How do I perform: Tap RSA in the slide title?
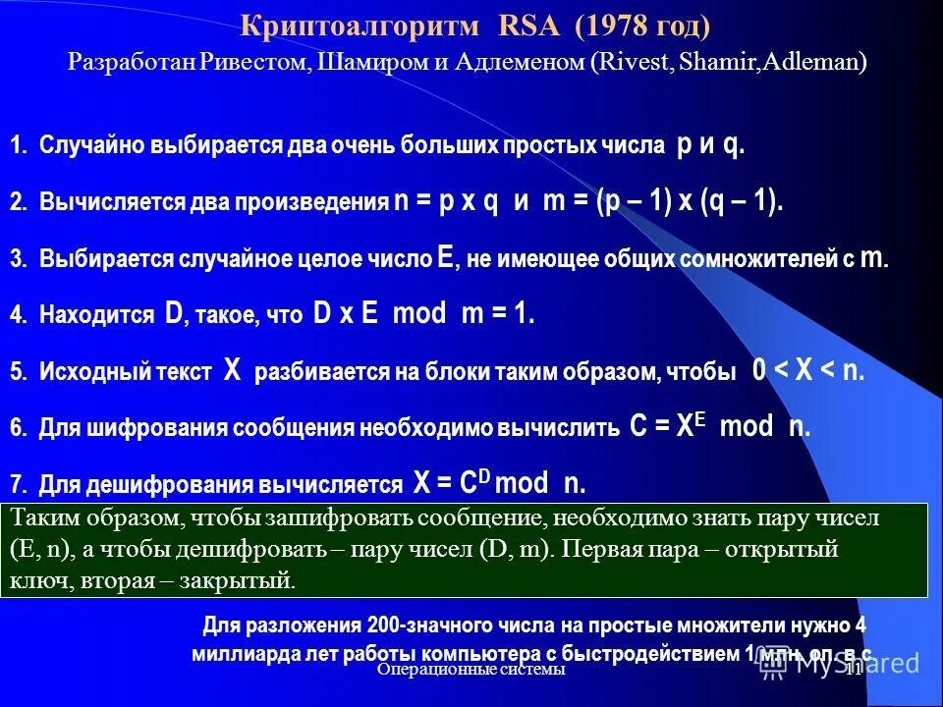[x=529, y=27]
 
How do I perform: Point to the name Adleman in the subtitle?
[x=817, y=63]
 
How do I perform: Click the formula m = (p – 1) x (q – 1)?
[x=663, y=201]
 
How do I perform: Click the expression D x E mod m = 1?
[x=423, y=314]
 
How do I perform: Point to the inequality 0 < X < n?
[x=807, y=371]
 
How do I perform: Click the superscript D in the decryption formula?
[x=483, y=473]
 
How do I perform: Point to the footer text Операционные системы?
[x=472, y=669]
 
